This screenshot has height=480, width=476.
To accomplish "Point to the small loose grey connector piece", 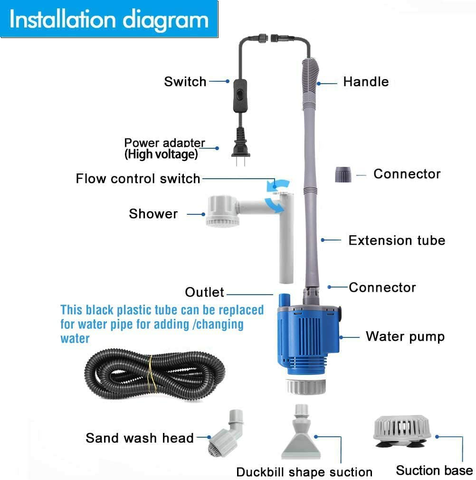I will coord(343,174).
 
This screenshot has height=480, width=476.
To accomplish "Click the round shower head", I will coord(221,212).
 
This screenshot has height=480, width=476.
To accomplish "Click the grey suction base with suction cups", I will coord(402,431).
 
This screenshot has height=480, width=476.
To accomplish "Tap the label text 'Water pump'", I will coord(405,337).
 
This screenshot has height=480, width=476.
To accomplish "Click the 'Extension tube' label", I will coord(397,240).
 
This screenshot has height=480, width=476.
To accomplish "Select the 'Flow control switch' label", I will coord(138,179).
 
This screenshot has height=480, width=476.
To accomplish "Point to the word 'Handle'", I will coord(366,82).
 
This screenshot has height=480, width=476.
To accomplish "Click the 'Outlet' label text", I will coord(205,292).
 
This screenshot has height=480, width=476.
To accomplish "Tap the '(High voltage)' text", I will coord(161,154).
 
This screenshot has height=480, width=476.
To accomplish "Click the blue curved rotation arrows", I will coord(274,195).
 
